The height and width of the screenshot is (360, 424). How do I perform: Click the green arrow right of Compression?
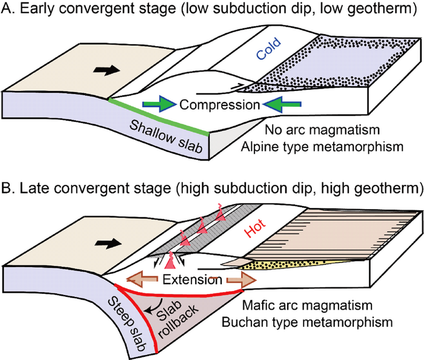(x=280, y=104)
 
